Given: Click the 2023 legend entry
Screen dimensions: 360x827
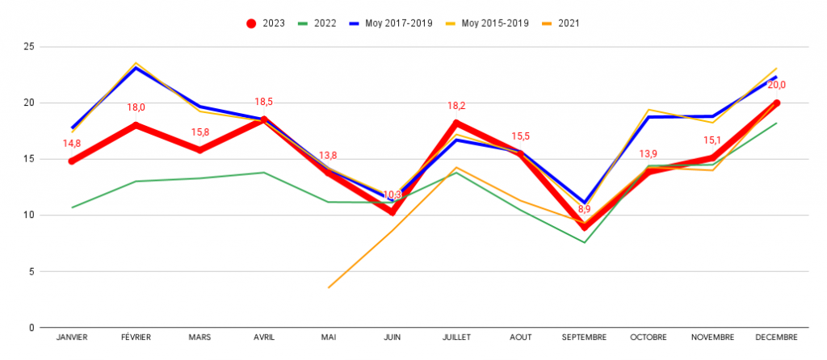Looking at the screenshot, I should [266, 23].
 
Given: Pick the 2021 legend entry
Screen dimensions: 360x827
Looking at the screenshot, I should [560, 23].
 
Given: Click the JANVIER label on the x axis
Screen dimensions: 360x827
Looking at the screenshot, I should [73, 337].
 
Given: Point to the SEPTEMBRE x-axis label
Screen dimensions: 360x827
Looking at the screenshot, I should [584, 337].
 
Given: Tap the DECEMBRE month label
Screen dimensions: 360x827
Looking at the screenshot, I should [776, 337].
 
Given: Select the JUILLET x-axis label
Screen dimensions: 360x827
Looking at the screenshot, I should [456, 337].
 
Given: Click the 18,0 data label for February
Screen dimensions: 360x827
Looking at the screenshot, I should [136, 107].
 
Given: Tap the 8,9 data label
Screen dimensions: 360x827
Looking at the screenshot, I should [584, 209].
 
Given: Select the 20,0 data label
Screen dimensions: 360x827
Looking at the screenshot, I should [776, 85].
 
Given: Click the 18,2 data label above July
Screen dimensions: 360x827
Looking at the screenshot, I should [456, 105].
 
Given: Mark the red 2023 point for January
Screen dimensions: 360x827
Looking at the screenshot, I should [73, 161].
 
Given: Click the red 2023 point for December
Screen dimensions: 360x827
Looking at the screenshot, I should [776, 103].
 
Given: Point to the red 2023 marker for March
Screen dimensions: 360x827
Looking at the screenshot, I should [200, 150].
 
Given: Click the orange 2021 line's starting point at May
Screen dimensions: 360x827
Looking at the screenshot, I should [329, 287].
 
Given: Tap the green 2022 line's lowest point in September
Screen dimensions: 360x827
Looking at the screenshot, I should [584, 243].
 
